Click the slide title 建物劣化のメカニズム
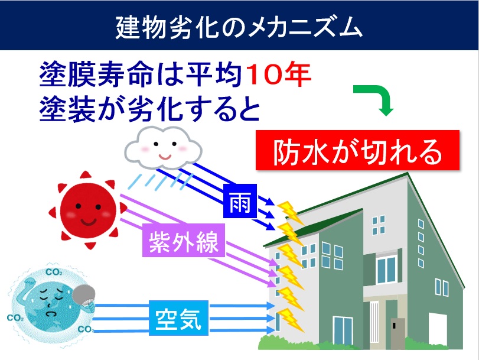pos(239,27)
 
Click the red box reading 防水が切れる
pos(357,150)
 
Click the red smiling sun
pos(87,210)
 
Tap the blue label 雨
pos(240,201)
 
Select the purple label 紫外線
pos(184,241)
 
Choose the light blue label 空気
pos(179,318)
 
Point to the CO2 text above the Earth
pos(54,272)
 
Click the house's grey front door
pos(398,333)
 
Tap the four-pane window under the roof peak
pos(379,225)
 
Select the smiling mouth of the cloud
pos(165,157)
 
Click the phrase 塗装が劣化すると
pos(149,109)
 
